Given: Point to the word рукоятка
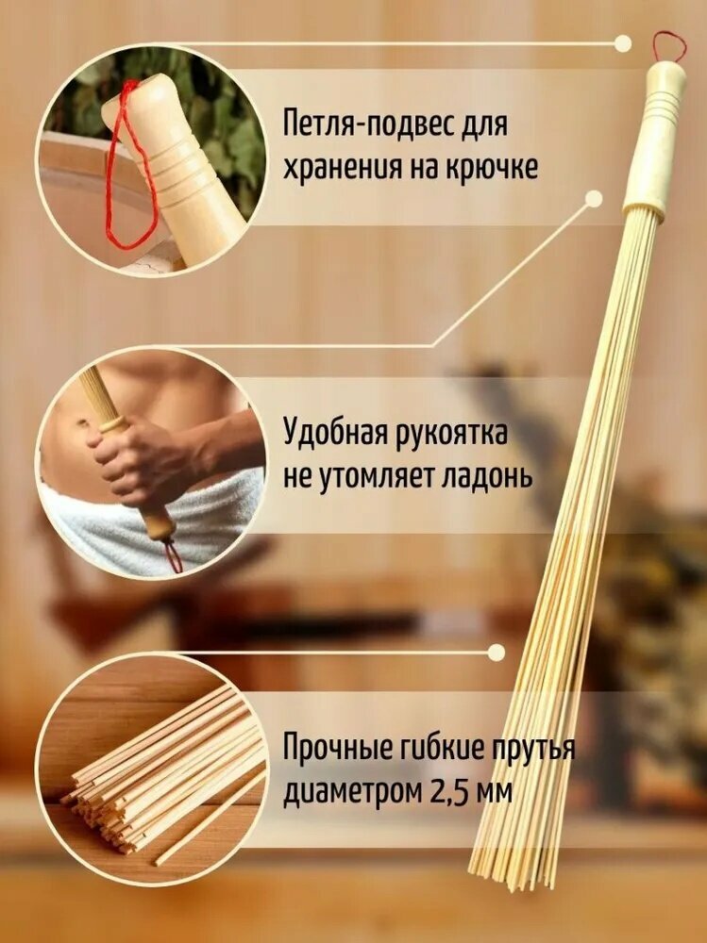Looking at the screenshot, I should coord(455,435).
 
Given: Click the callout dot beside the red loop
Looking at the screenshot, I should coord(622,43).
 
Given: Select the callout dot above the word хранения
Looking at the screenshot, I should coord(594,199).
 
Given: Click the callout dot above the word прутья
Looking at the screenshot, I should coord(497,652).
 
